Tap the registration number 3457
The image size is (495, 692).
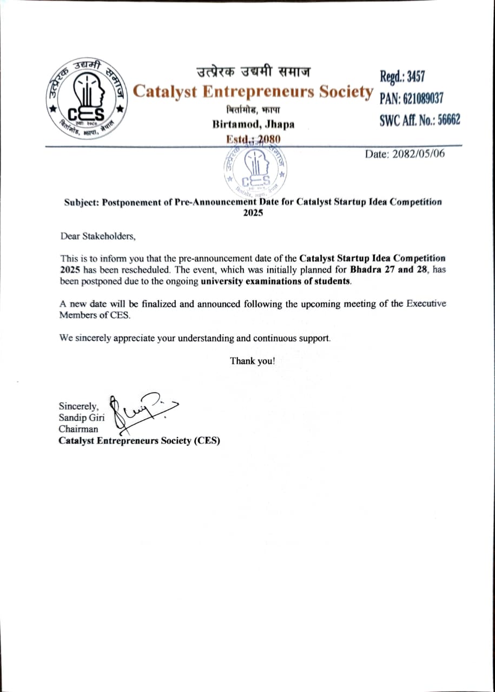(x=415, y=77)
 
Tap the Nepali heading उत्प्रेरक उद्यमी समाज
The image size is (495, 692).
(x=253, y=72)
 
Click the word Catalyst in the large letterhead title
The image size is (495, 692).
(x=164, y=91)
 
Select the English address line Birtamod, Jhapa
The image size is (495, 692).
(x=253, y=124)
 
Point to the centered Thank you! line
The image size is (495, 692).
(x=253, y=361)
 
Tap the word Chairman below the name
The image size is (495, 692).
(x=79, y=429)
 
